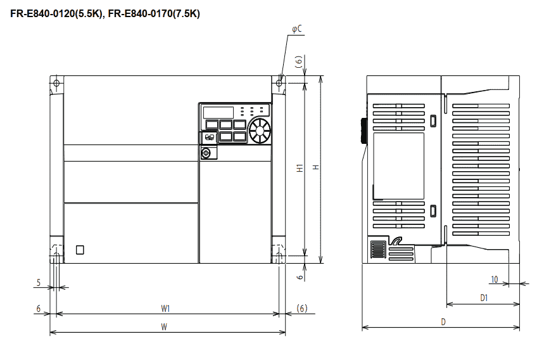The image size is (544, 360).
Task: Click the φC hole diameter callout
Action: [297, 29]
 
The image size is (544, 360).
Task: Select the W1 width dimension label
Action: [165, 308]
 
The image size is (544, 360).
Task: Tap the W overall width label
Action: [164, 326]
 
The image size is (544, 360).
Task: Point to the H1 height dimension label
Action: [300, 168]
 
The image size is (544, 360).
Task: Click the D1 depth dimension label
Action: [484, 298]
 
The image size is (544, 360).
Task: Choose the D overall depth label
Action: [443, 322]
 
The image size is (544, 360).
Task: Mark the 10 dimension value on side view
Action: [495, 279]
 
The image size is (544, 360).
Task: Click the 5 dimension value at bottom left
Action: [39, 283]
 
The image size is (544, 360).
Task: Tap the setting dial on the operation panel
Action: [260, 131]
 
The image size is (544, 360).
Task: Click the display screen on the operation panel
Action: [218, 112]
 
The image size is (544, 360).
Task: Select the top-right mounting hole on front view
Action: [279, 83]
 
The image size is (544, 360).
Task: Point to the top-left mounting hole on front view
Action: [56, 83]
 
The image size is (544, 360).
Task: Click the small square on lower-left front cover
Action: [80, 250]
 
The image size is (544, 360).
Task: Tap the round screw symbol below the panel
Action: [206, 153]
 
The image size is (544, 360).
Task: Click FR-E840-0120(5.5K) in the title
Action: [56, 13]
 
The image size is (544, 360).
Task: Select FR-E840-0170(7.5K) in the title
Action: [154, 13]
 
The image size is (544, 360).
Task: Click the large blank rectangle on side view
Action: [398, 166]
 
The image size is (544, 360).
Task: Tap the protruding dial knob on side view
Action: [364, 131]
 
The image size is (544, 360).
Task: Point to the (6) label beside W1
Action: [302, 308]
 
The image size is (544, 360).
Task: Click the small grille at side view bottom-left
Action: [378, 250]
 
